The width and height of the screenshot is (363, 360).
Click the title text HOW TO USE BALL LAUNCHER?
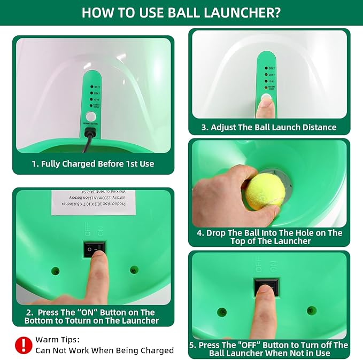(181, 12)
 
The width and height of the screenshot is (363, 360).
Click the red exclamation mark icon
(22, 345)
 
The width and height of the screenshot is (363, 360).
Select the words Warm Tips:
(57, 339)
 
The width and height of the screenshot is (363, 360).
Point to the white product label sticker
(94, 201)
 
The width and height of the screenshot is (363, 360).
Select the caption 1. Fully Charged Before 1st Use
(93, 164)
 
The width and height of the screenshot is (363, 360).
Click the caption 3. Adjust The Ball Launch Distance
(269, 127)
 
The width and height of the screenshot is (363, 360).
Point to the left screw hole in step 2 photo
(56, 271)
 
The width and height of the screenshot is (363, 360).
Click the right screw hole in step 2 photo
(134, 270)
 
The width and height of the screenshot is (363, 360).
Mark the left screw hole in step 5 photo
(222, 311)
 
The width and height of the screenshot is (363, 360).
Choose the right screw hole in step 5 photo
(312, 310)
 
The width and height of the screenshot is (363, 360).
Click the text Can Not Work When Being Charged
(104, 350)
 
